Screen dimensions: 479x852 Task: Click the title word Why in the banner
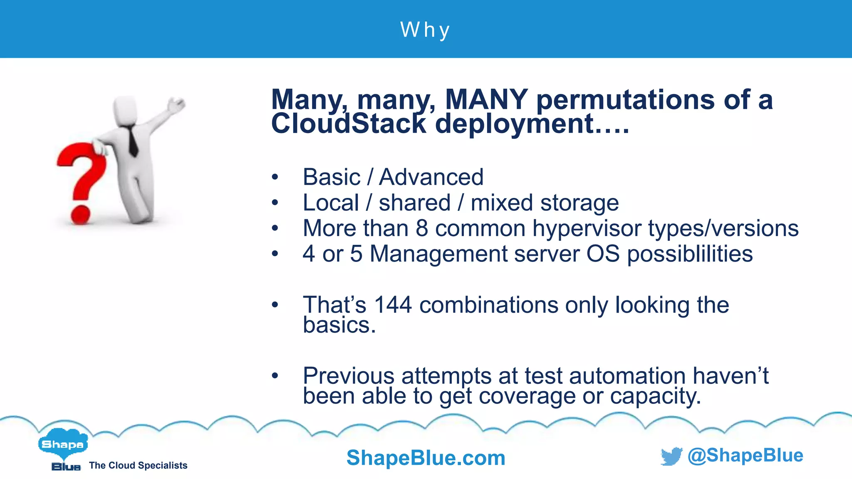tap(425, 30)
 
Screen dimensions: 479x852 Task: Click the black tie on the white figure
tap(132, 141)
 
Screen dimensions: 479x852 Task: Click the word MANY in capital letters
tap(486, 100)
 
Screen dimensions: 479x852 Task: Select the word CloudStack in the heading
tap(349, 124)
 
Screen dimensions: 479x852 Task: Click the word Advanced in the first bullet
tap(431, 177)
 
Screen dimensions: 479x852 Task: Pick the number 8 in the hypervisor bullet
tap(422, 228)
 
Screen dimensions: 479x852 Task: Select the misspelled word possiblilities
tap(690, 254)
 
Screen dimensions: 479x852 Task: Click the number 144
tap(393, 305)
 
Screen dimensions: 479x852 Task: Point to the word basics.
tap(339, 325)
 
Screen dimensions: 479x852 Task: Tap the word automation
tap(627, 376)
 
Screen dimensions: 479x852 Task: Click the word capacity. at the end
tap(655, 396)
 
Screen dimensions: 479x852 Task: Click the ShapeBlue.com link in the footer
tap(426, 458)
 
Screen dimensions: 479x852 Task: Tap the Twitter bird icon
tap(671, 456)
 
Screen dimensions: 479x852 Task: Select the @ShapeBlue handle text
tap(745, 455)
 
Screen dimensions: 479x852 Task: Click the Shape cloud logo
tap(63, 444)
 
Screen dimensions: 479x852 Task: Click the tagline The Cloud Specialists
tap(138, 465)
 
